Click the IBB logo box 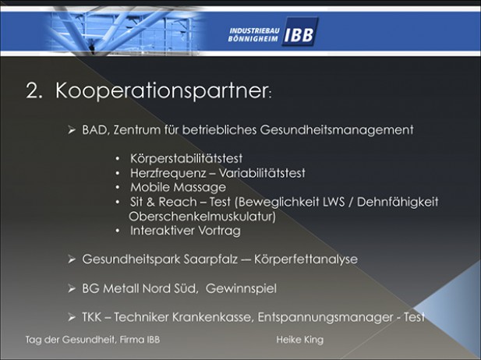coord(300,32)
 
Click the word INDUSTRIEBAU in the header coord(255,30)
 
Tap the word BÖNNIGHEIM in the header coord(253,39)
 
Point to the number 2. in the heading coord(34,90)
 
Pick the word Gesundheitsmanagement coord(337,130)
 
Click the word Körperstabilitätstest coord(186,158)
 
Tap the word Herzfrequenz coord(168,173)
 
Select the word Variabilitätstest coord(262,173)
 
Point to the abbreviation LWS coord(334,202)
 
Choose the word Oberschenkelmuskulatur coord(202,217)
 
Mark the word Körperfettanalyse coord(306,259)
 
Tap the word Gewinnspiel coord(241,288)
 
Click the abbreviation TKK coord(92,317)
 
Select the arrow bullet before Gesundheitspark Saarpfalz coord(72,259)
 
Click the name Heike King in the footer coord(299,340)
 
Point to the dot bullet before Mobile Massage coord(118,187)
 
